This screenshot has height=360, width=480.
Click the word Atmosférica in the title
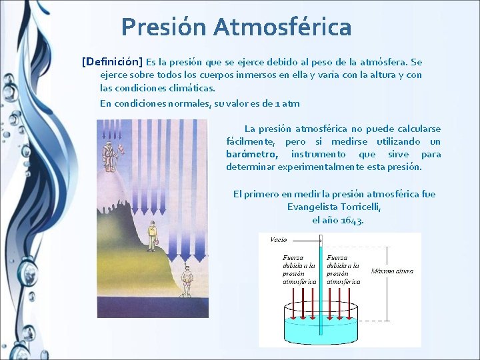tap(283, 27)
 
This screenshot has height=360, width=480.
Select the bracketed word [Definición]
tap(112, 61)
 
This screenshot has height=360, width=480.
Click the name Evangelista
tap(311, 207)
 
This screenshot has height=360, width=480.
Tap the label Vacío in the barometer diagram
tap(279, 239)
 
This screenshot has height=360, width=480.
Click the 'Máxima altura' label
tap(392, 271)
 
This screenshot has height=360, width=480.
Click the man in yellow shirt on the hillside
tap(152, 235)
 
